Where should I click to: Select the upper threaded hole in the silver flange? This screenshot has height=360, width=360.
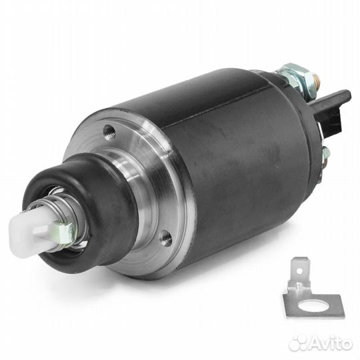[109, 132]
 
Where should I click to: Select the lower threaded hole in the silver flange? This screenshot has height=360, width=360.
[167, 238]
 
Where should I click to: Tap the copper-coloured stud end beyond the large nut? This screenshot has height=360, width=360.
[319, 80]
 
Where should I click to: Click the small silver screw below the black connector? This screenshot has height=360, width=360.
[325, 153]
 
